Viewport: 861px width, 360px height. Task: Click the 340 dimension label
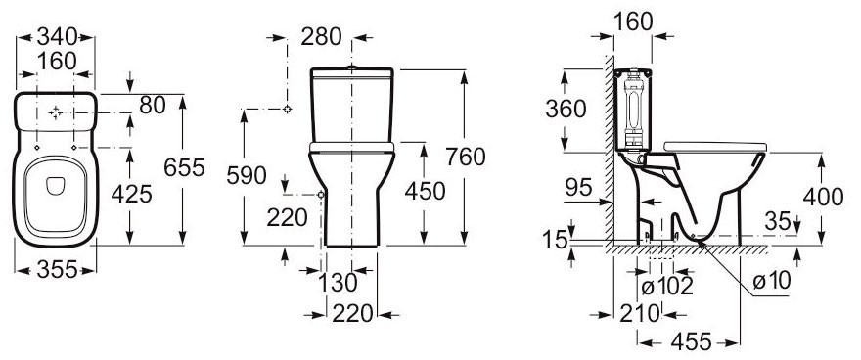pyautogui.click(x=56, y=37)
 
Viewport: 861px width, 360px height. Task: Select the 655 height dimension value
pyautogui.click(x=184, y=167)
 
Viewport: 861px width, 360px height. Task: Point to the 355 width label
pyautogui.click(x=57, y=269)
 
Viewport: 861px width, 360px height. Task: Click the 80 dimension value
pyautogui.click(x=152, y=106)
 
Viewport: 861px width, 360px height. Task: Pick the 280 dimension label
pyautogui.click(x=321, y=37)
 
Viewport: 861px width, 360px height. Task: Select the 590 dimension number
pyautogui.click(x=247, y=176)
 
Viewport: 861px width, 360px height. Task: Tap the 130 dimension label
pyautogui.click(x=339, y=283)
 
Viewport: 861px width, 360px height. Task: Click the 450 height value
pyautogui.click(x=425, y=191)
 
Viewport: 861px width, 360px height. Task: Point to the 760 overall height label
pyautogui.click(x=466, y=157)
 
